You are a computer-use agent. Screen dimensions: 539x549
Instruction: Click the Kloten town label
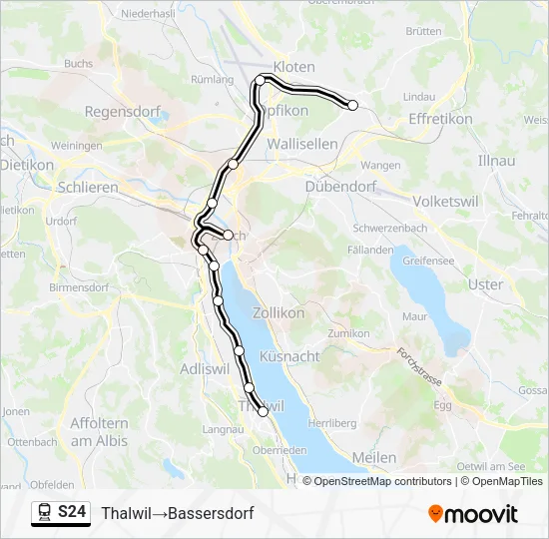293,66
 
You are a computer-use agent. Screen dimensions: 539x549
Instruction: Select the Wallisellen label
302,143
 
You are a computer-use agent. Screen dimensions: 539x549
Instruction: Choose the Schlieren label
89,186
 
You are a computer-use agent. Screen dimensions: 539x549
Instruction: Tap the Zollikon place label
278,312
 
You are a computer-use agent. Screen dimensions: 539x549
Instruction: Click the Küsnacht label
289,355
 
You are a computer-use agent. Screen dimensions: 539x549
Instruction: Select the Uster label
486,284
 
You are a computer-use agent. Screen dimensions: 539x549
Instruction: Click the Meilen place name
374,457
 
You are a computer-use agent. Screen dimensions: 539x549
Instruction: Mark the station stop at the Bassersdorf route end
352,105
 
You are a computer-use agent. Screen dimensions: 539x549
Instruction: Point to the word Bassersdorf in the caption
211,513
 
